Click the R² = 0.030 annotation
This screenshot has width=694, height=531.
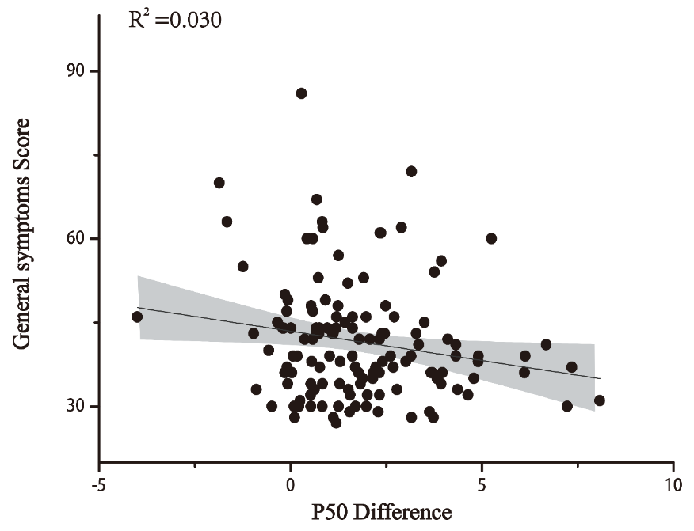tap(175, 19)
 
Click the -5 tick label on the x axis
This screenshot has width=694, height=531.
tap(99, 483)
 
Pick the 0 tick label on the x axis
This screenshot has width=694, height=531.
tap(291, 483)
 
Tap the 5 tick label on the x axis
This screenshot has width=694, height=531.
tap(482, 483)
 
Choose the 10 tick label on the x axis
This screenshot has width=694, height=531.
tap(673, 483)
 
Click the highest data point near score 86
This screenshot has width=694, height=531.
tap(301, 93)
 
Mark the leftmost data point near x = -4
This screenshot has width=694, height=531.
tap(137, 317)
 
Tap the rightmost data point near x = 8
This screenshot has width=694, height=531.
tap(599, 400)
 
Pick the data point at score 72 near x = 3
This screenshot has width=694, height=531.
tap(411, 171)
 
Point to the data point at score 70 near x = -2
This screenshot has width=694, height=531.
tap(219, 183)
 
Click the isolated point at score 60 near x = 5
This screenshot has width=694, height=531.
tap(491, 238)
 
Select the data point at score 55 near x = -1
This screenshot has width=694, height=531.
tap(242, 267)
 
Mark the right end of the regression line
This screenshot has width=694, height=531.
tap(600, 378)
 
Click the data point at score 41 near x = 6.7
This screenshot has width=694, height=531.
tap(546, 344)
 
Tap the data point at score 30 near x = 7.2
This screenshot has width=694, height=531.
tap(567, 406)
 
